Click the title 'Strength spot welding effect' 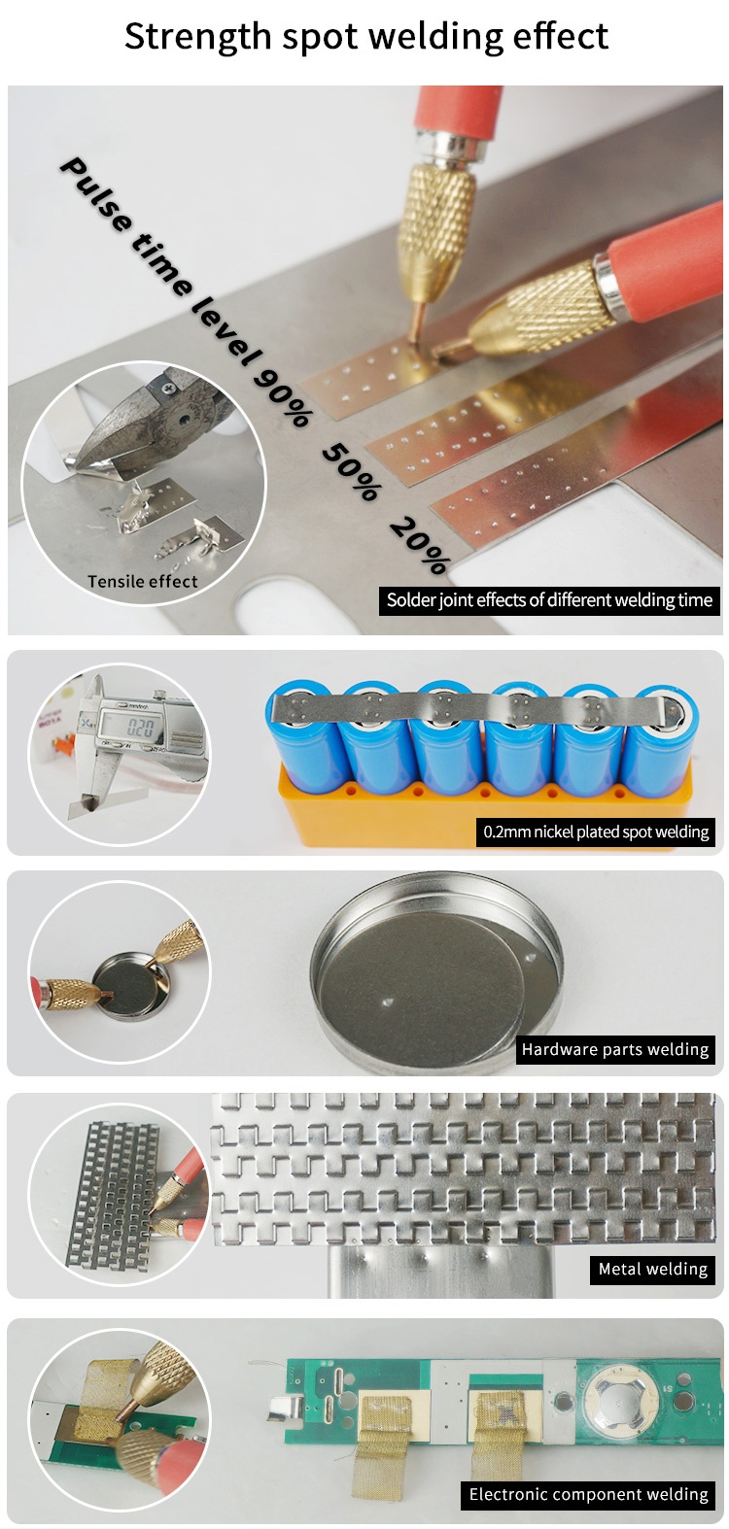(x=366, y=37)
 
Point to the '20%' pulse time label (x=420, y=545)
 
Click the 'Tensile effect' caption (x=142, y=582)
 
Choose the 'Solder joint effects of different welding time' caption (x=549, y=600)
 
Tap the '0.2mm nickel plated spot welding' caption (x=596, y=832)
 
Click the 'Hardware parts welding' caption (x=615, y=1049)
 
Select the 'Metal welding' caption (x=652, y=1269)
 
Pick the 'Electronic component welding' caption (x=588, y=1494)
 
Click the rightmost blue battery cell (x=661, y=739)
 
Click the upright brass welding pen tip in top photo (x=435, y=232)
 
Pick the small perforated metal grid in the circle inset (x=114, y=1197)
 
